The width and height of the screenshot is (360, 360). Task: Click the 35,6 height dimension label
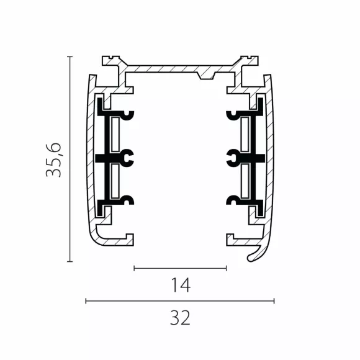pyautogui.click(x=54, y=160)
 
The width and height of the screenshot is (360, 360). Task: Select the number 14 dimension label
pyautogui.click(x=181, y=285)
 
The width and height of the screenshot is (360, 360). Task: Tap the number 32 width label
pyautogui.click(x=180, y=318)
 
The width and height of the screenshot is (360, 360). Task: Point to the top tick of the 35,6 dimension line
pyautogui.click(x=70, y=56)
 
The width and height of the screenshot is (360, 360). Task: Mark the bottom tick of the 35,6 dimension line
pyautogui.click(x=70, y=261)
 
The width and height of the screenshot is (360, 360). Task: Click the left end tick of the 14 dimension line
pyautogui.click(x=134, y=268)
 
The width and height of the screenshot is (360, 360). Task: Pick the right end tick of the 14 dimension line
pyautogui.click(x=227, y=268)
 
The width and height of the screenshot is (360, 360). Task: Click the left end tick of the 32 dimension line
pyautogui.click(x=86, y=301)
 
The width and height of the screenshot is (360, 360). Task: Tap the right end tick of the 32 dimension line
pyautogui.click(x=274, y=301)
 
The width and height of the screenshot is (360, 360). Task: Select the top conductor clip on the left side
pyautogui.click(x=128, y=115)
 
